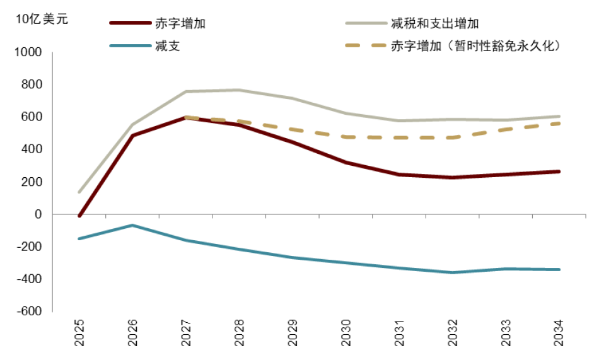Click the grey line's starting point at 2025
click(79, 192)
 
